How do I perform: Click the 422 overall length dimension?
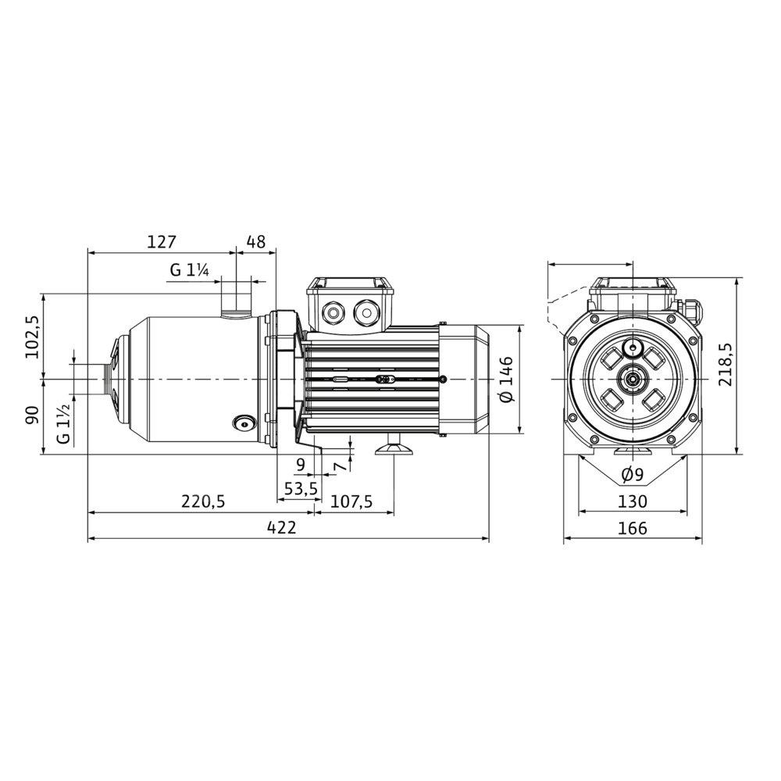tap(281, 527)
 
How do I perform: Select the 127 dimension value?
tap(162, 242)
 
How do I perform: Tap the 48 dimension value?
tap(256, 242)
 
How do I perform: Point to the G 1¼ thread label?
tap(189, 270)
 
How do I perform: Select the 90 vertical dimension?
tap(32, 415)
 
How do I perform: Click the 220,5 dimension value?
tap(203, 501)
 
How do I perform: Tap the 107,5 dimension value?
tap(351, 501)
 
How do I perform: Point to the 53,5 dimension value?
tap(301, 489)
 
